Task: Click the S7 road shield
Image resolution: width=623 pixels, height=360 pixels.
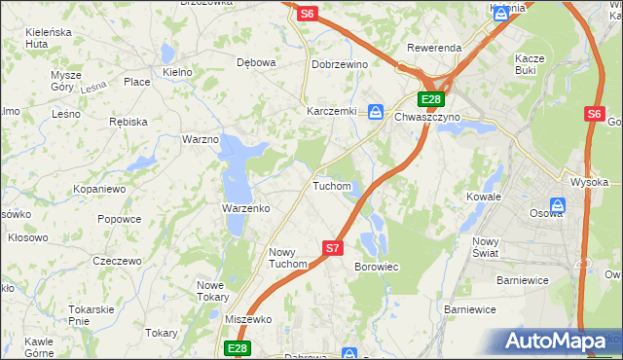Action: (x=333, y=248)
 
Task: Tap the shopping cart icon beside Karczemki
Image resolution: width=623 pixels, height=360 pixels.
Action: (x=376, y=112)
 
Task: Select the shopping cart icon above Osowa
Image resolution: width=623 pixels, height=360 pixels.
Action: (x=558, y=204)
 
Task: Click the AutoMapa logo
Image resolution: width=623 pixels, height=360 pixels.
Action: (x=559, y=341)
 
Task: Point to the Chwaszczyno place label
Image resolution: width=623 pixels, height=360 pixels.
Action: (x=427, y=117)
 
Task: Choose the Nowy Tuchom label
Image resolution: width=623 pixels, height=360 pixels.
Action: (x=288, y=258)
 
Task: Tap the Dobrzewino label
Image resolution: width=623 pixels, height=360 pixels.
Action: (x=338, y=63)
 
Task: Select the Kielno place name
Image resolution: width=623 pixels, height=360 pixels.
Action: (x=178, y=72)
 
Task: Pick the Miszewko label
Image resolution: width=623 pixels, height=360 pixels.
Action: (x=247, y=319)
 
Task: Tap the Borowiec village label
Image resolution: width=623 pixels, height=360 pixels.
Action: (x=377, y=266)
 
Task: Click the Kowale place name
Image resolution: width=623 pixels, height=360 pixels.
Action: (x=483, y=196)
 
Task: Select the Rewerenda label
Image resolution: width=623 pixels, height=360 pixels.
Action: (x=434, y=48)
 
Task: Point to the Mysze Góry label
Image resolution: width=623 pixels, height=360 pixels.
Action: (x=66, y=80)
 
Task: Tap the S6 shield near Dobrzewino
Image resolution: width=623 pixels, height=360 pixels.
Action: (x=308, y=14)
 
